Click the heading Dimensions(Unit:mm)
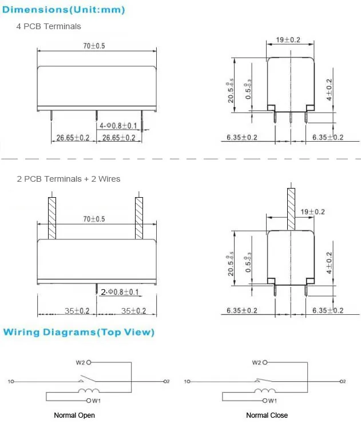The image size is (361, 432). (64, 9)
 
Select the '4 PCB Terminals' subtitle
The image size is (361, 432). (49, 26)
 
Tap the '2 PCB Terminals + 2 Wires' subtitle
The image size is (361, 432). (69, 179)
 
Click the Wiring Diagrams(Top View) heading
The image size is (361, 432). (78, 332)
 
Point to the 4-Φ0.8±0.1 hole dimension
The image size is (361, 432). (118, 125)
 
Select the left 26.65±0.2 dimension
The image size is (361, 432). (73, 138)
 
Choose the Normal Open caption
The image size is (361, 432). (74, 415)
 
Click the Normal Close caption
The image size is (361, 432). (267, 415)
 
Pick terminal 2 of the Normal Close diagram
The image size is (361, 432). (343, 381)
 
